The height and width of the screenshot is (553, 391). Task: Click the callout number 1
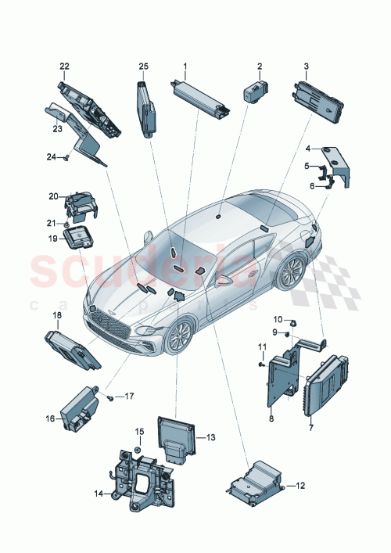pyautogui.click(x=185, y=66)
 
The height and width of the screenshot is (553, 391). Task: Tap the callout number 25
pyautogui.click(x=143, y=66)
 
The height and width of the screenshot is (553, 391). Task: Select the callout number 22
pyautogui.click(x=64, y=66)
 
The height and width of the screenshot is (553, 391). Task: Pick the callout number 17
pyautogui.click(x=129, y=397)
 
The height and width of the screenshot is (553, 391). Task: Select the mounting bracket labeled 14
pyautogui.click(x=142, y=476)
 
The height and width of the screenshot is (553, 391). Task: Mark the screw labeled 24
pyautogui.click(x=68, y=157)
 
